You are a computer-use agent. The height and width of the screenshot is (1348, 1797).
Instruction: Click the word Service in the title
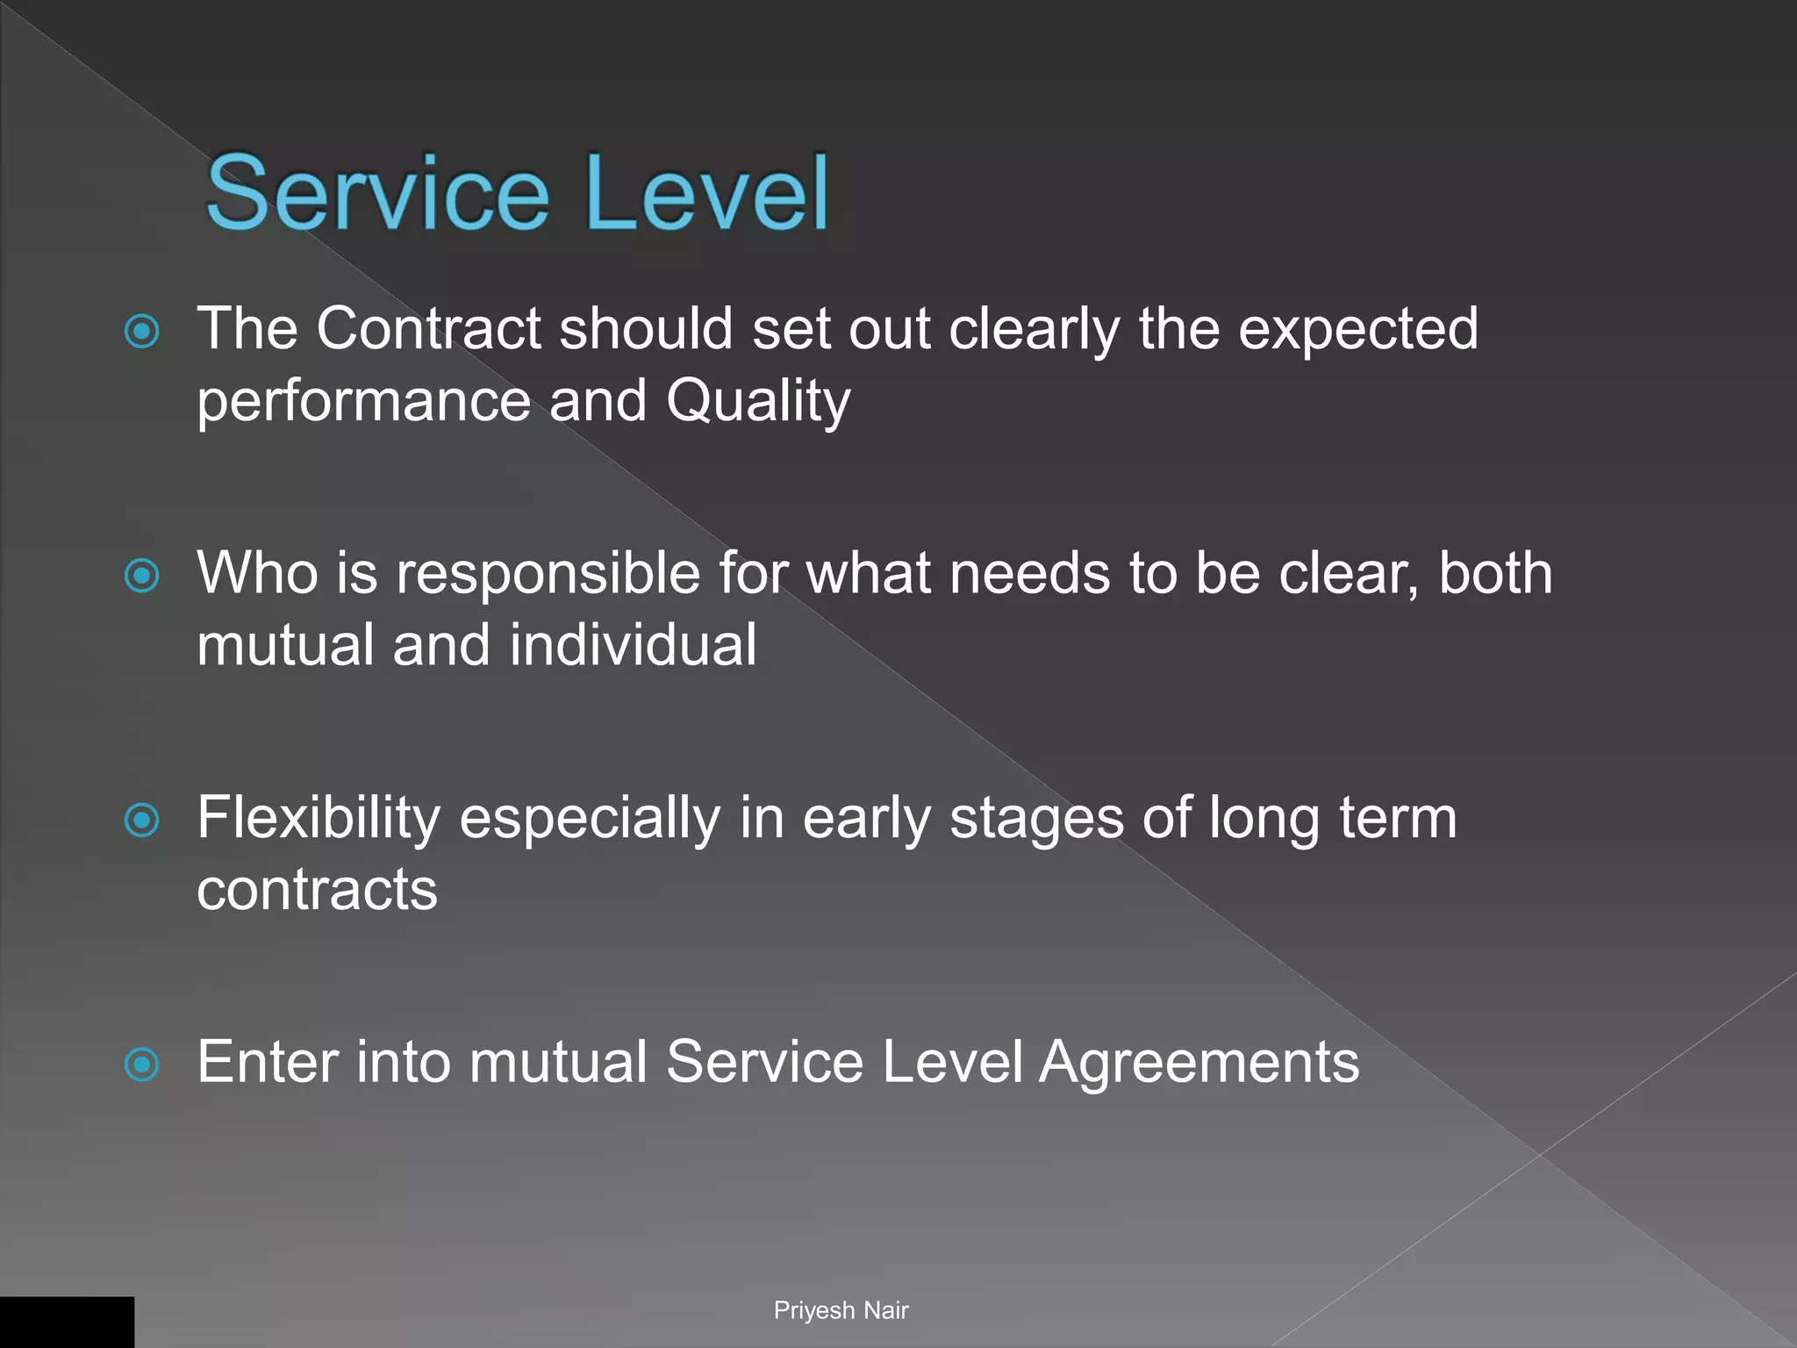(377, 193)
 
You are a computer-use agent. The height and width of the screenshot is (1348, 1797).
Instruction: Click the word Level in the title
(706, 193)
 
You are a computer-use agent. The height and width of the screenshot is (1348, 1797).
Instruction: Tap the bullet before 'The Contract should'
(142, 332)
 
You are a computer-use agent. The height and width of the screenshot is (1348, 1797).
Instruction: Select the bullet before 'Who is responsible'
(142, 577)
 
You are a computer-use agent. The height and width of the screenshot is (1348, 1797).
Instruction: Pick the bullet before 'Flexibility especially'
(142, 821)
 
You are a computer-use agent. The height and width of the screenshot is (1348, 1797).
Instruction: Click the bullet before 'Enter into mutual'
(142, 1065)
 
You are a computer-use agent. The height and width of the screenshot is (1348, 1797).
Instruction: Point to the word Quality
(758, 402)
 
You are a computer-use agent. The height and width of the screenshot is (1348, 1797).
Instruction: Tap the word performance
(363, 402)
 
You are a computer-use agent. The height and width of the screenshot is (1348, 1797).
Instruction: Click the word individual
(633, 645)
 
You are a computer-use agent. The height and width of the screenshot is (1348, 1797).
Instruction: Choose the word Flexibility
(319, 818)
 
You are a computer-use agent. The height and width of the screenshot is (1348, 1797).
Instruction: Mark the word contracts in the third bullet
(317, 890)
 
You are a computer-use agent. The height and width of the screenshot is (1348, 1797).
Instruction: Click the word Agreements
(1199, 1063)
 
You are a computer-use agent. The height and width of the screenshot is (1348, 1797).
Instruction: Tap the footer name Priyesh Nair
(841, 1310)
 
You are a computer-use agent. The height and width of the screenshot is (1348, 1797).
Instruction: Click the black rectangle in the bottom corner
(67, 1322)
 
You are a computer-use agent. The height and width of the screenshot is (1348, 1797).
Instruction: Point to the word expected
(1357, 329)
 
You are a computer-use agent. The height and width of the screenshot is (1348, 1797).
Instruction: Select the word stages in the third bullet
(1035, 818)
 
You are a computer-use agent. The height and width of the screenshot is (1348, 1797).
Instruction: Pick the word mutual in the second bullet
(285, 645)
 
